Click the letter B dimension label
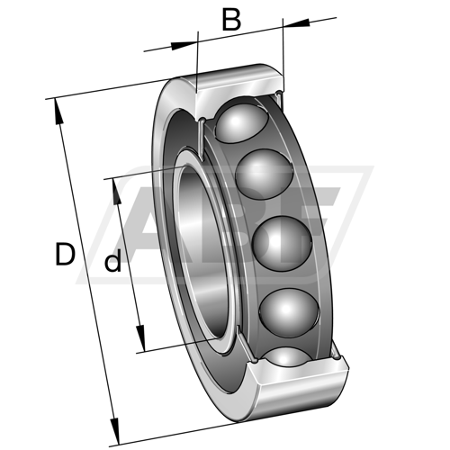[x=231, y=20]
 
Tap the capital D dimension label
[x=65, y=255]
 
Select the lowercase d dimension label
[x=112, y=261]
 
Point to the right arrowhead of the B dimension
[x=296, y=23]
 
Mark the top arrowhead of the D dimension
[x=58, y=112]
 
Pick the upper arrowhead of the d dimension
[x=117, y=192]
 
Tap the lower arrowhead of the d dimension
[x=140, y=338]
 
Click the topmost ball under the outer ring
[x=242, y=123]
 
